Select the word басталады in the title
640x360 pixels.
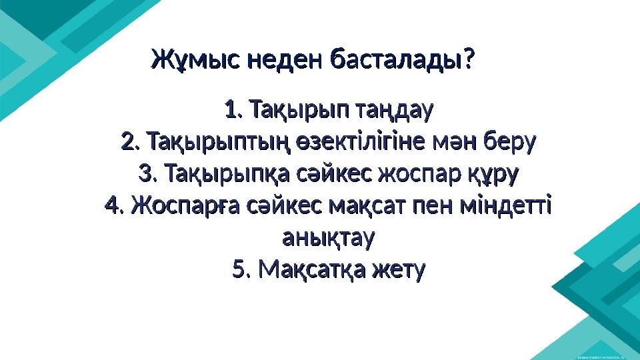tap(397, 60)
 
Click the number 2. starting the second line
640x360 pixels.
tap(130, 142)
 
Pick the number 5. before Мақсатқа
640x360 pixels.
tap(241, 271)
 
